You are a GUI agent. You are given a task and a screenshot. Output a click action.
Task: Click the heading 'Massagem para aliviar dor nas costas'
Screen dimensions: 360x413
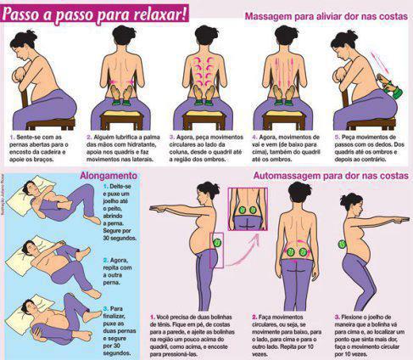tap(326, 16)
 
